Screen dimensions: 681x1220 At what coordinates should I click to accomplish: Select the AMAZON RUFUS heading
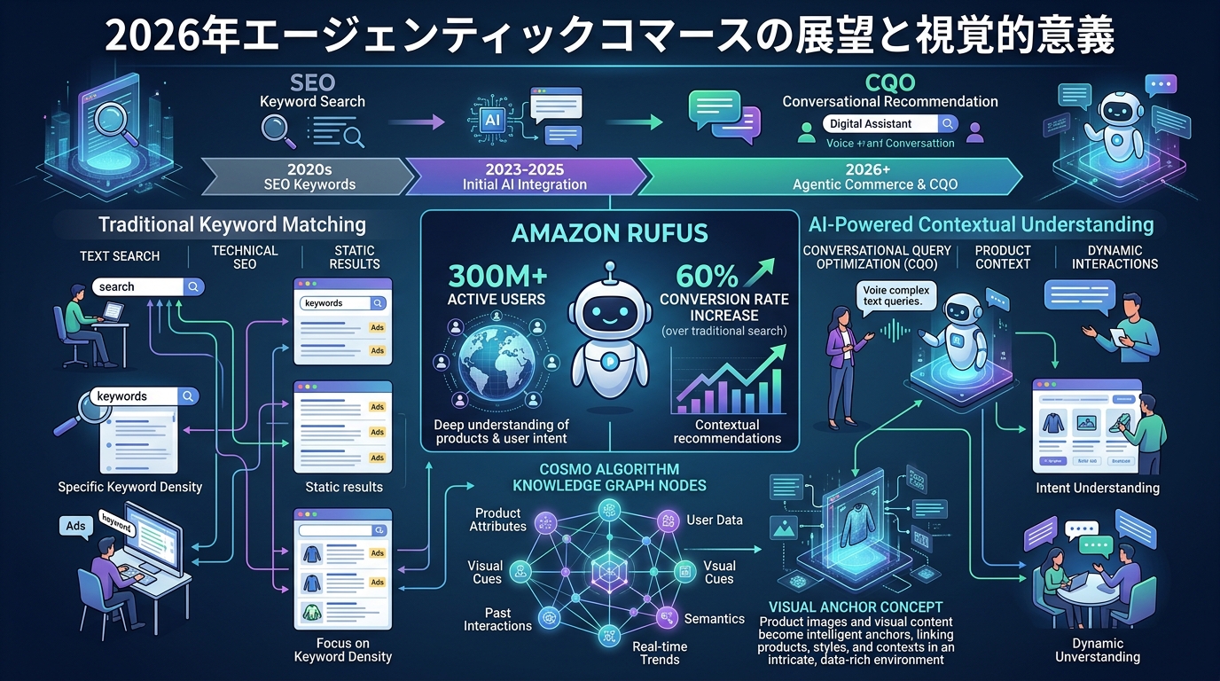[610, 233]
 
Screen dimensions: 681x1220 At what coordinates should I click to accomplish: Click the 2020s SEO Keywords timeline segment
[309, 176]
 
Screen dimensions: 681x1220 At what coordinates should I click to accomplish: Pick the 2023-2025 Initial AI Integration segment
[525, 176]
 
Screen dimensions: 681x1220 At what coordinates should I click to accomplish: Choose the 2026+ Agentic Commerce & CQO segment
[828, 176]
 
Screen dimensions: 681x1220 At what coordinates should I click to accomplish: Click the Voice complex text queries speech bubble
[895, 295]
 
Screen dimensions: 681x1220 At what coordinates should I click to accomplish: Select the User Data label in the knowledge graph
[715, 520]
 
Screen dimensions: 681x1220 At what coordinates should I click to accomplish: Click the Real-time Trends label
[659, 653]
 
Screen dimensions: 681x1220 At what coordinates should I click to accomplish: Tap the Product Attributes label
[497, 520]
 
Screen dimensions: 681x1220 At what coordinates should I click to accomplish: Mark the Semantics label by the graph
[715, 618]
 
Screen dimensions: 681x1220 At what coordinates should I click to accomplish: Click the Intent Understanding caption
[1097, 488]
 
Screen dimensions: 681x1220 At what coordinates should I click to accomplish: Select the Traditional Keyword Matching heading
[232, 224]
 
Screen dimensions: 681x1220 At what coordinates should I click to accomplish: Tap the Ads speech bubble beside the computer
[76, 526]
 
